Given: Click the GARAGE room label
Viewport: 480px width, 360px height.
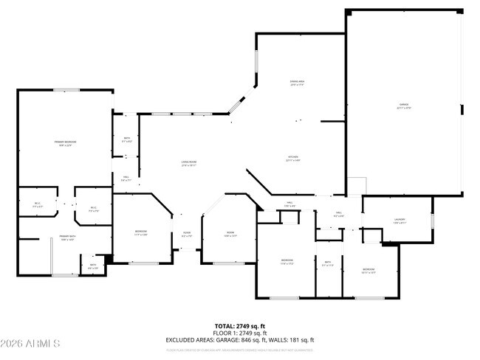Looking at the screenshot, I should point(404,106).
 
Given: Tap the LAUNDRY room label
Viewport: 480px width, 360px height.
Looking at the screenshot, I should point(400,221).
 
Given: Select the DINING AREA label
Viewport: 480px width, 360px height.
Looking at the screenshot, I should point(298,83).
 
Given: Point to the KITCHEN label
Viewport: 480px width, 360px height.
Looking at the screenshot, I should point(293,159).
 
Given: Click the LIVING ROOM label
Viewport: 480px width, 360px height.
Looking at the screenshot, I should point(190,164).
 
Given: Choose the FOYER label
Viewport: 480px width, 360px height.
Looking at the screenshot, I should point(187,235).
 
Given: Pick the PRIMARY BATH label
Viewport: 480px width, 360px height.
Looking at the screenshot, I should point(68,238).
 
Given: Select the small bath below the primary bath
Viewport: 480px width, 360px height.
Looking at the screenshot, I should point(93,266).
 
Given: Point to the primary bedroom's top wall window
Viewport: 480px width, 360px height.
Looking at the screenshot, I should point(66,90).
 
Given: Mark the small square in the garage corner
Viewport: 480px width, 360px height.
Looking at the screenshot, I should point(357,185).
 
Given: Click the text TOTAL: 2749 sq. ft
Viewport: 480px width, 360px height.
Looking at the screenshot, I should point(239,325).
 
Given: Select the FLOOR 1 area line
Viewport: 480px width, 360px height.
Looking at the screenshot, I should point(239,333).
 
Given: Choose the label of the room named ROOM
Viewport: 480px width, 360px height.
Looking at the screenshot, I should point(230,235).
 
